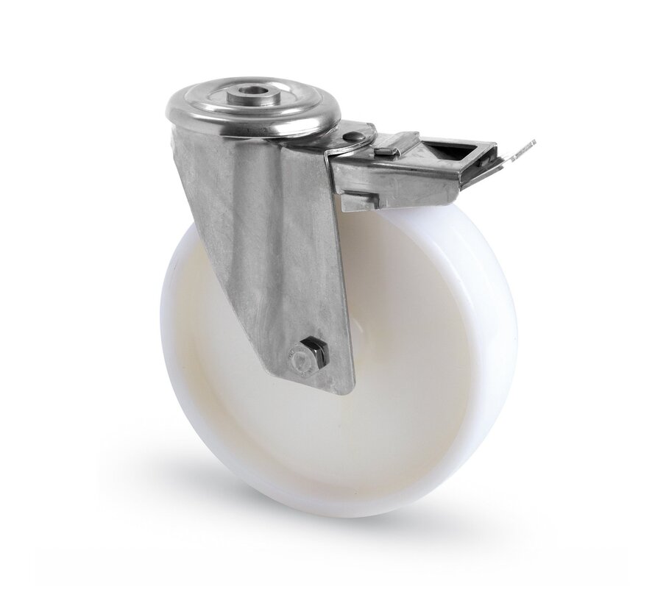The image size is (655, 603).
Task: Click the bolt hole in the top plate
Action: [252, 96]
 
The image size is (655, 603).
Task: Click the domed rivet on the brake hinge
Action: [355, 136]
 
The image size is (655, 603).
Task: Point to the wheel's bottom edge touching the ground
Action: [346, 513]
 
